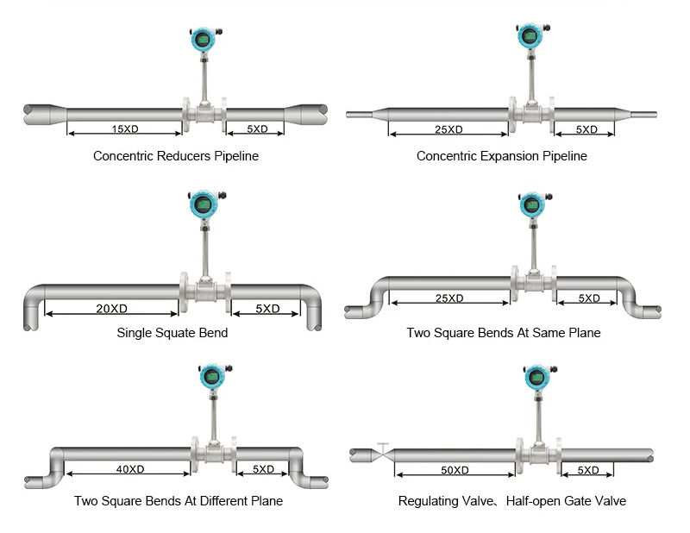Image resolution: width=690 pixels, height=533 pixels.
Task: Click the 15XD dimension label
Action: point(125,129)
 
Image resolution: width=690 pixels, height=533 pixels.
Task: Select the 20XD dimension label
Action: point(112,309)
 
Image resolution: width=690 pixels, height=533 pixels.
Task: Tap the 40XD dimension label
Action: point(130,469)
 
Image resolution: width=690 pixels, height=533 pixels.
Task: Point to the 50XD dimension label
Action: point(455,470)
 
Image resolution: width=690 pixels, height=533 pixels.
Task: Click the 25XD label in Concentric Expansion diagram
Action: point(448,129)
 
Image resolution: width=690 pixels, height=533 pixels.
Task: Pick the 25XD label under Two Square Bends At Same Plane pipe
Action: point(449,298)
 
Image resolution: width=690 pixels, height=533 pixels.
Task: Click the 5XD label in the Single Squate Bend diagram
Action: point(267,309)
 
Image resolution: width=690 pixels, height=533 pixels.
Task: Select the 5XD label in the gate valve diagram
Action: point(588,470)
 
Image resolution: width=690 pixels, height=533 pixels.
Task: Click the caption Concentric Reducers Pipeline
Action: point(176,156)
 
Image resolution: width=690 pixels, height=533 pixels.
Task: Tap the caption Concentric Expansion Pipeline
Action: point(502,156)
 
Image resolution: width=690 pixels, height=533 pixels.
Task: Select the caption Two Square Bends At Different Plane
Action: point(179,501)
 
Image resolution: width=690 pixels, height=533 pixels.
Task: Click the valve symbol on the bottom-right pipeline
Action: point(383,454)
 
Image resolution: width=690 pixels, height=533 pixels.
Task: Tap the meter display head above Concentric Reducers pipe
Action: point(204,40)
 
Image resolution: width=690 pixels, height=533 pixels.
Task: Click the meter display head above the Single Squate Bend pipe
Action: point(204,204)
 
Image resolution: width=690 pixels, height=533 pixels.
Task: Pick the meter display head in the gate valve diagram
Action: point(537,377)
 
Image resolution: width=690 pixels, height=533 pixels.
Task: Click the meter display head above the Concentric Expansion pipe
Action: point(530,35)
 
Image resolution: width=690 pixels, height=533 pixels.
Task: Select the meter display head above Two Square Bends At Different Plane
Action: point(213,377)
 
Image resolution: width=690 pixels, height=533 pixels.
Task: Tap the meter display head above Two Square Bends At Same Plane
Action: point(533,204)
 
